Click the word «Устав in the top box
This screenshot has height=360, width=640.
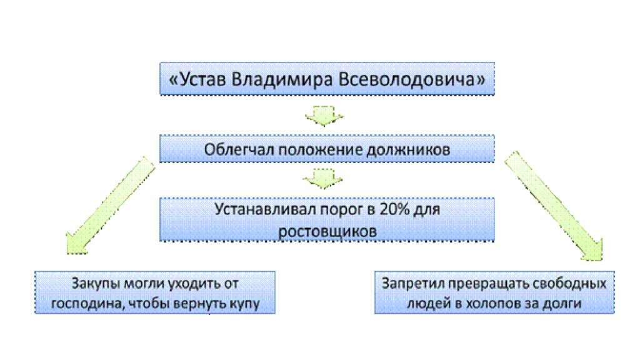(197, 79)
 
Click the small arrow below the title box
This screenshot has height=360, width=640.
(324, 116)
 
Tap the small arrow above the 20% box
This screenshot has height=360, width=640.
(322, 178)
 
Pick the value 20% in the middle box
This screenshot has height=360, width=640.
(394, 209)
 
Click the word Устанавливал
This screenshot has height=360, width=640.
(265, 209)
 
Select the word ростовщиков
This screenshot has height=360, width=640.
(327, 232)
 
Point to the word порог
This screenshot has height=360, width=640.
(342, 210)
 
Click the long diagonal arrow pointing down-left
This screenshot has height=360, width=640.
(110, 205)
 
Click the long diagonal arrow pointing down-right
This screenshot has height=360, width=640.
(554, 206)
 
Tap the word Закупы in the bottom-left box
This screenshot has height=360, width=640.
(96, 284)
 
